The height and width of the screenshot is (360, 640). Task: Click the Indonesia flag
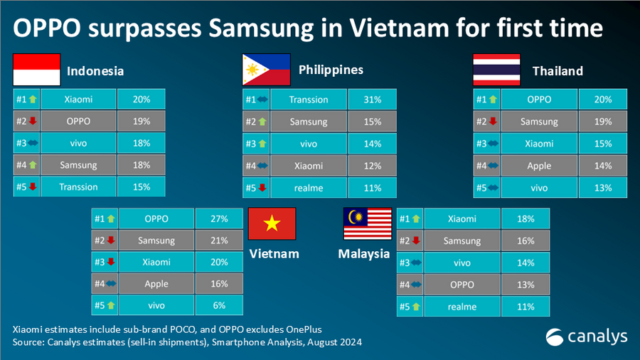[36, 70]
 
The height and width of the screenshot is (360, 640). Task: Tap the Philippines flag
[266, 70]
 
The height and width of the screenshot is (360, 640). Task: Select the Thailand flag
[497, 70]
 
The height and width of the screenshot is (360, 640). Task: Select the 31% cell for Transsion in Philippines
[372, 100]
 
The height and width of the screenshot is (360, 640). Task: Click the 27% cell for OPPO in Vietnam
[218, 219]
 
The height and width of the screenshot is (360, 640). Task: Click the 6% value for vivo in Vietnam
[218, 305]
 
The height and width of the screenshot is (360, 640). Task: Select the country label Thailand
[558, 70]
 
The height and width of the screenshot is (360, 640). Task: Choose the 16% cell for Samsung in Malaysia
[526, 241]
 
